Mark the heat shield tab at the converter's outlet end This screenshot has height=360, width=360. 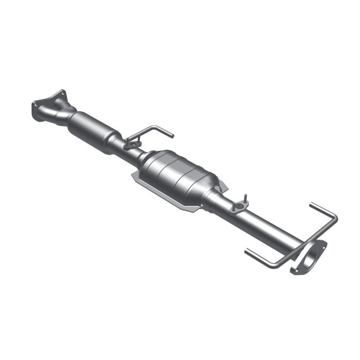pyautogui.click(x=224, y=185)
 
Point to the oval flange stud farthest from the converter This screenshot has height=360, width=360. pyautogui.click(x=246, y=197)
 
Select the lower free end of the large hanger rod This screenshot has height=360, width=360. pyautogui.click(x=247, y=250)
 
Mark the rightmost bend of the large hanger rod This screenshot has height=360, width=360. pyautogui.click(x=336, y=219)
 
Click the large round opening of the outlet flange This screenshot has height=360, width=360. pyautogui.click(x=310, y=258)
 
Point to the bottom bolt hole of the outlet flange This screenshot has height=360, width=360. pyautogui.click(x=295, y=271)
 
